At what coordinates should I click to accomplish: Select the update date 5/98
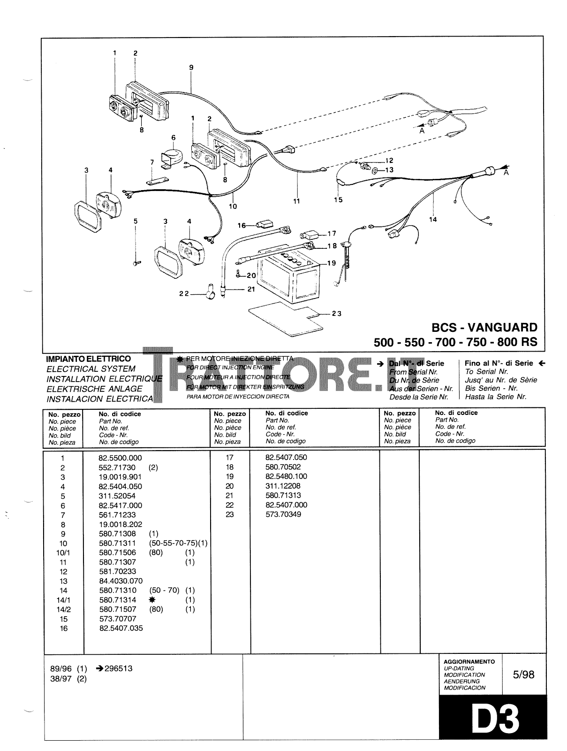pos(523,674)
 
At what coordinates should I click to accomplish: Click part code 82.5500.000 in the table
pos(121,458)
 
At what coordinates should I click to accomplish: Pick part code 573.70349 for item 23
pos(283,514)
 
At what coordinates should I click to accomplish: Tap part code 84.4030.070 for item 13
pos(121,581)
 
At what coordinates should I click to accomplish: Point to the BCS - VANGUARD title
pos(484,327)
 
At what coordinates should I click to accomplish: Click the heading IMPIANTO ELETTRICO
pos(88,359)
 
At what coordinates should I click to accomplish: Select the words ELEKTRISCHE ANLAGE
pos(94,389)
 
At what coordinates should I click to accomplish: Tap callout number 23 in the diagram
pos(337,314)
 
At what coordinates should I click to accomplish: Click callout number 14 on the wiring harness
pos(432,219)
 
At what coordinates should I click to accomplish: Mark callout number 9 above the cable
pos(191,68)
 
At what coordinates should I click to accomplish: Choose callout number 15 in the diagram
pos(338,200)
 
